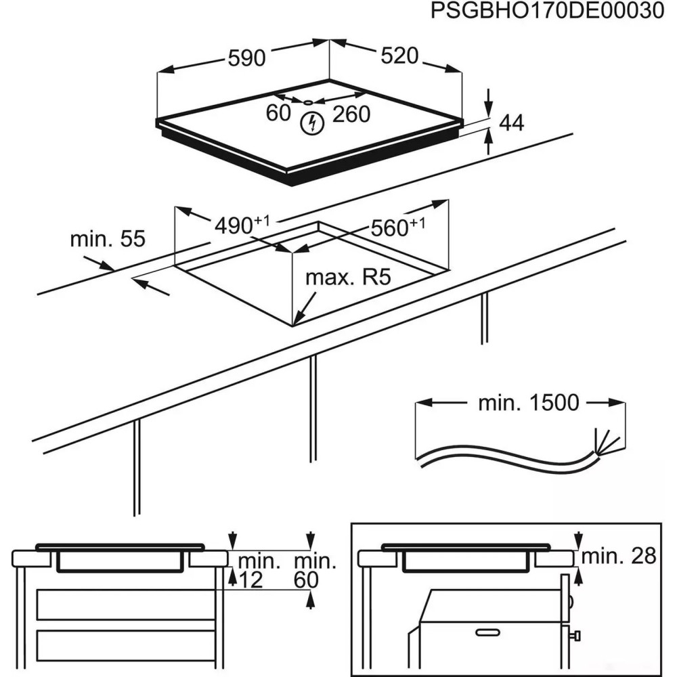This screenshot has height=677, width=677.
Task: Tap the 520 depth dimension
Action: tap(399, 56)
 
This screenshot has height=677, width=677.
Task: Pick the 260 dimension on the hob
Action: tap(351, 114)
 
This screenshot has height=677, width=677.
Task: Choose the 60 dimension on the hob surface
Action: tap(278, 114)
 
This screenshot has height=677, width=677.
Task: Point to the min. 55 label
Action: tap(108, 239)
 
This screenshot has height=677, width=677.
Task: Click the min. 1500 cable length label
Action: tap(529, 403)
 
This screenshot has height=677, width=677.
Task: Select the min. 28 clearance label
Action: tap(619, 556)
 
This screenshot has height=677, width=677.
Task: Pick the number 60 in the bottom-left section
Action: tap(306, 580)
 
